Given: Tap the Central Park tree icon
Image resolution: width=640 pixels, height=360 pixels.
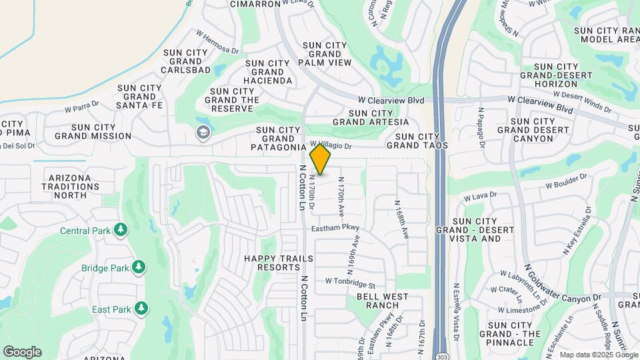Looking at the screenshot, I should (121, 231).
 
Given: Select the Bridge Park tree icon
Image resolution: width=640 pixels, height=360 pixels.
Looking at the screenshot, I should (138, 268).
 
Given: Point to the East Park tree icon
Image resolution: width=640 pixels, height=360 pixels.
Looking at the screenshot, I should (141, 309).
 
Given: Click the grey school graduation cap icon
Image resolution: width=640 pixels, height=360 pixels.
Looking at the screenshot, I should (202, 133).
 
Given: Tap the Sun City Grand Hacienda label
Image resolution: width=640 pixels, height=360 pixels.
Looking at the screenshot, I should (268, 72).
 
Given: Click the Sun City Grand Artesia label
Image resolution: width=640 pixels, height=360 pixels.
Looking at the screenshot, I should (370, 117).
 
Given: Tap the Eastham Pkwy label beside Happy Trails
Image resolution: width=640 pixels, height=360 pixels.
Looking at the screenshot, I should (335, 229).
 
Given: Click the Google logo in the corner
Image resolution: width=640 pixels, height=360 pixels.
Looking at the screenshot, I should (22, 351).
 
